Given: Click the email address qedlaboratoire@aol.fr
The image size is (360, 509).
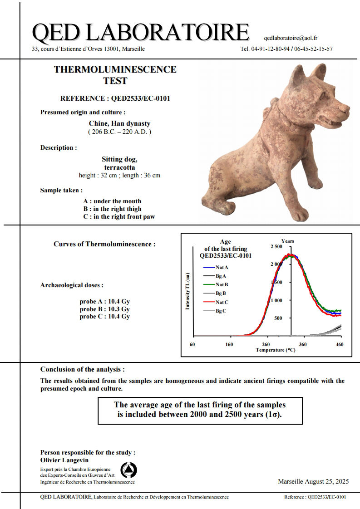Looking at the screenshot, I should pyautogui.click(x=290, y=38).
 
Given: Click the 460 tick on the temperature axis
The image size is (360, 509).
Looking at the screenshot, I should pyautogui.click(x=339, y=345).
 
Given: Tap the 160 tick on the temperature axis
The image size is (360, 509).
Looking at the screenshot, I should pyautogui.click(x=229, y=345).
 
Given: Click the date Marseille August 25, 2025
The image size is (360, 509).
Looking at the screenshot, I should pyautogui.click(x=313, y=481).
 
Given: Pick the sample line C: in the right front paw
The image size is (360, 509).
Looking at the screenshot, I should pyautogui.click(x=118, y=216).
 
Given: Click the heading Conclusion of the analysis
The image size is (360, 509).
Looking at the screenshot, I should pyautogui.click(x=82, y=369).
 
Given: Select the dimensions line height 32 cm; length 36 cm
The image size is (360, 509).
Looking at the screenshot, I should pyautogui.click(x=119, y=175).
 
